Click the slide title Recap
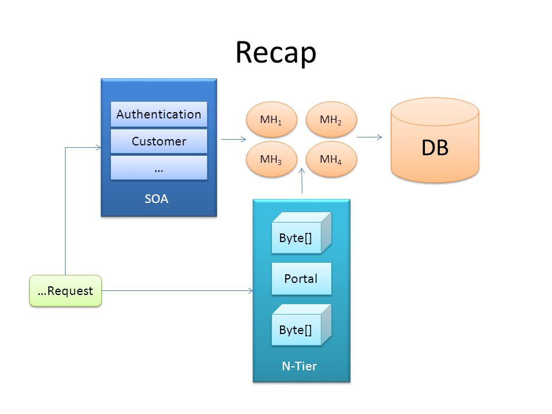[275, 53]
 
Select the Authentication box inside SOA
[159, 114]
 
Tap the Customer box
[159, 141]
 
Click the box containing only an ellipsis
[159, 168]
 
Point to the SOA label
[156, 199]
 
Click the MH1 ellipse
[271, 120]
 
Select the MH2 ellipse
[331, 120]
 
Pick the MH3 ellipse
[271, 159]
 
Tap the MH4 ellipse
[331, 159]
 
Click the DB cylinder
[435, 140]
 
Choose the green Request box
[66, 291]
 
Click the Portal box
[301, 279]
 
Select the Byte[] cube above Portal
[301, 233]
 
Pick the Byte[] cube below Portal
[301, 325]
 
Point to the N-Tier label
[299, 366]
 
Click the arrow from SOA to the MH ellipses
[233, 139]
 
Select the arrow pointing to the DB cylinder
[369, 137]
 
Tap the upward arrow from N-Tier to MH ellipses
[302, 181]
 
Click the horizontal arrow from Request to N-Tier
[178, 291]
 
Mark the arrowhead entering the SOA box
[98, 148]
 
